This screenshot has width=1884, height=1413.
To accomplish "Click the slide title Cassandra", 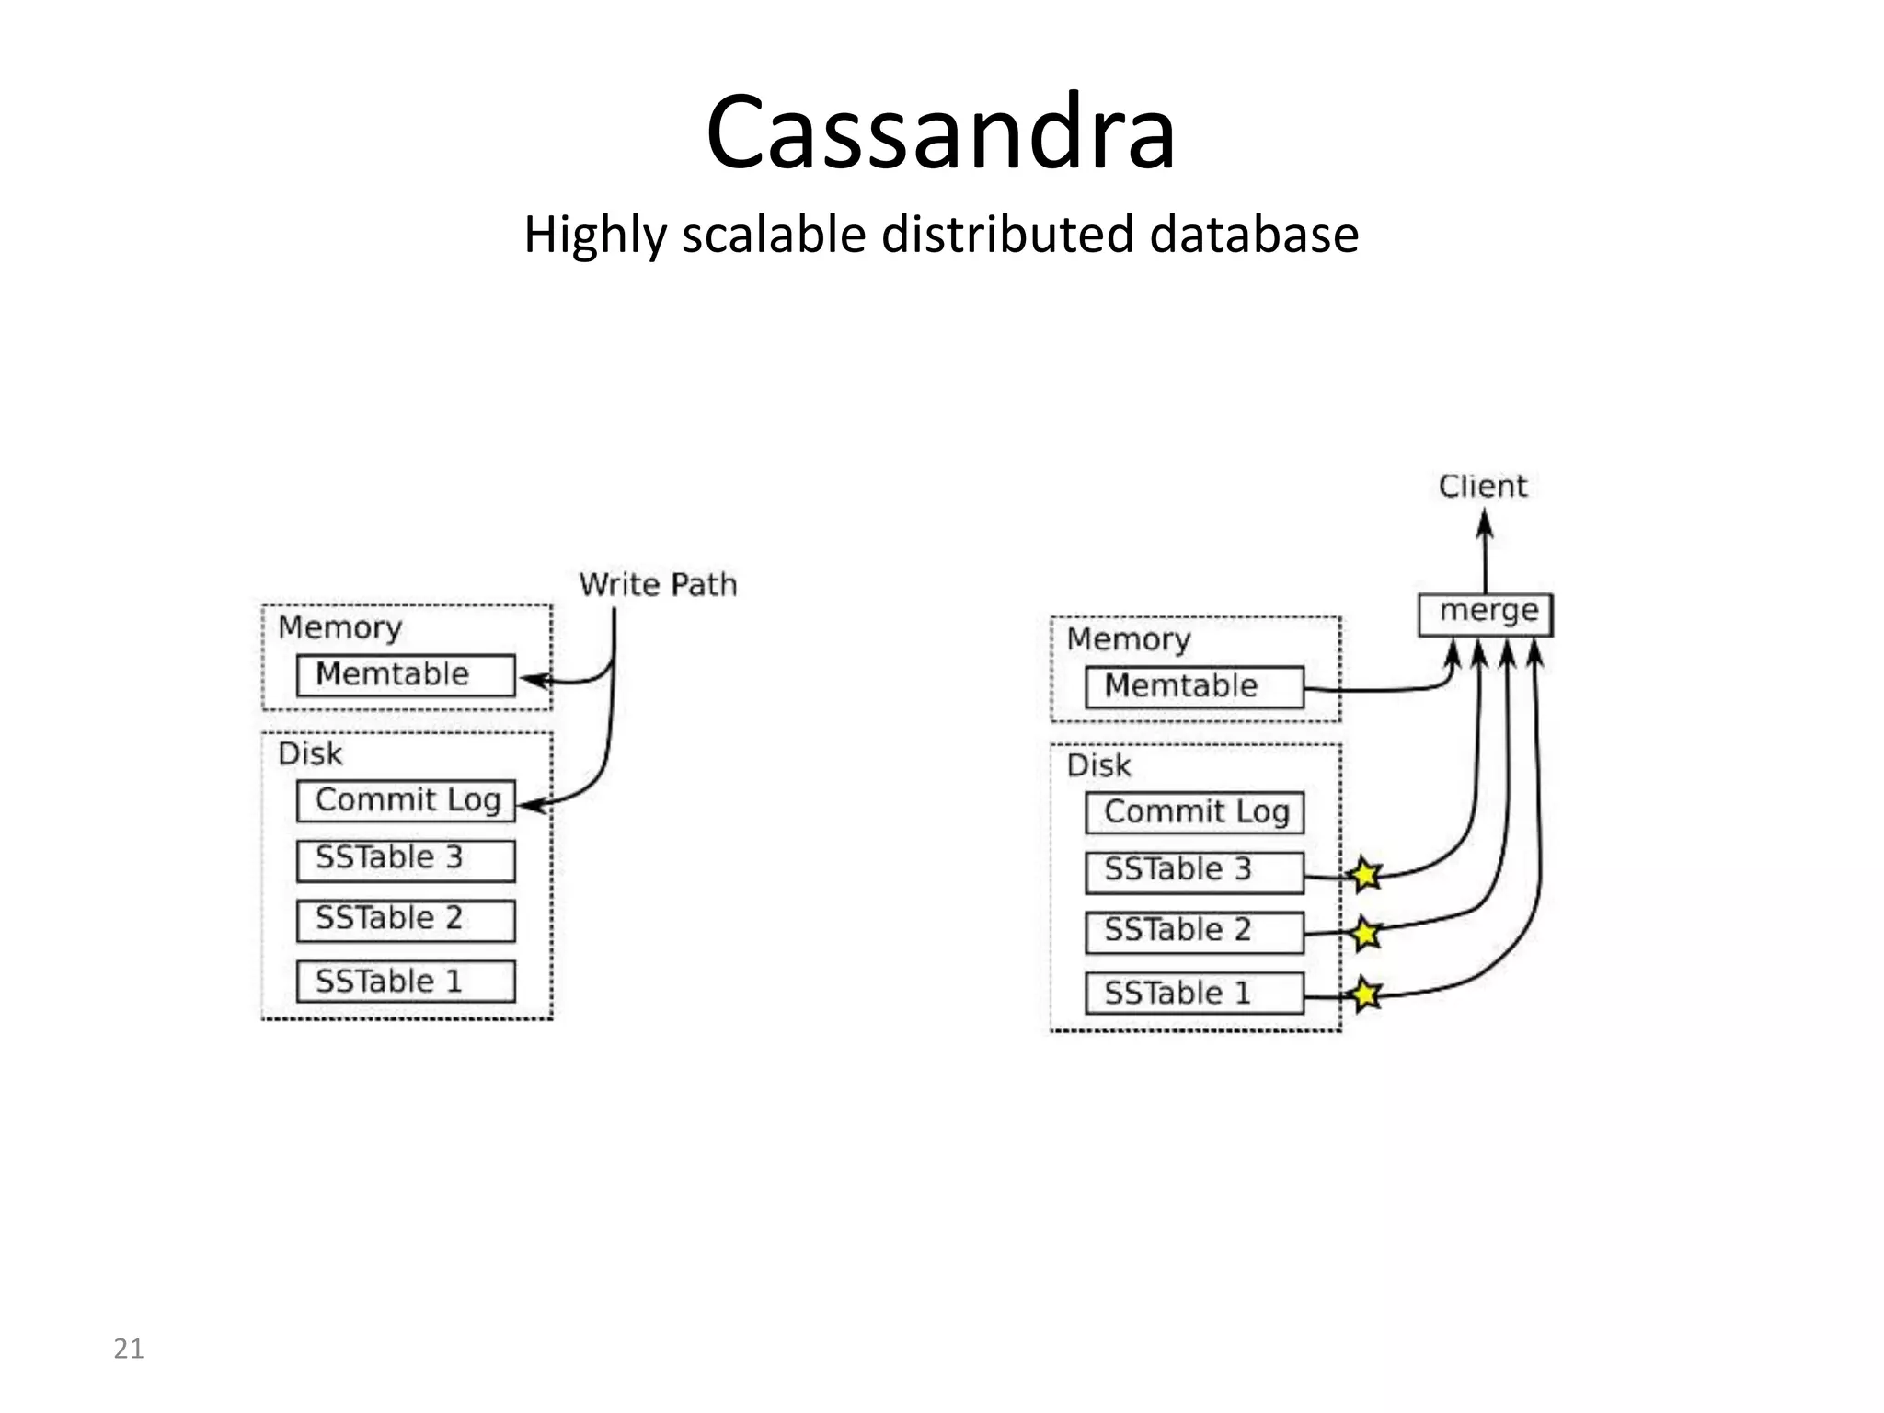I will [x=940, y=132].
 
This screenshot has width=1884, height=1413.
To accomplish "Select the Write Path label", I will [x=658, y=585].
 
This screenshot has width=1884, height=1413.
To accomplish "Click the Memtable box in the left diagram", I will [x=406, y=675].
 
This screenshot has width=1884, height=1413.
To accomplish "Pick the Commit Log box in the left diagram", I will [x=406, y=801].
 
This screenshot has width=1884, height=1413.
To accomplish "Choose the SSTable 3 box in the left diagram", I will [x=406, y=860].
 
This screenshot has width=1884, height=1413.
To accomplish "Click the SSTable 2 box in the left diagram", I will [x=406, y=920].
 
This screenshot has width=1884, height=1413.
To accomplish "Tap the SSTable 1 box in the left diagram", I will [x=406, y=982].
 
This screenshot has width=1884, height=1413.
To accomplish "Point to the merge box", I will [x=1485, y=614].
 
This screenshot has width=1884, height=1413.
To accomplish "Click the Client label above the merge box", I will [x=1482, y=486].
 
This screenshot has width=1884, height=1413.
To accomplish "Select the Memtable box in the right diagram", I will [x=1194, y=687].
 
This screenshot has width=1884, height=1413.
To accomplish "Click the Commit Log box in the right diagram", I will [x=1194, y=813].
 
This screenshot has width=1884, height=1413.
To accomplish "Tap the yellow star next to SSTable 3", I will [x=1366, y=874].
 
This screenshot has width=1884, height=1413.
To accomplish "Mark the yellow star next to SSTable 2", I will [x=1366, y=934].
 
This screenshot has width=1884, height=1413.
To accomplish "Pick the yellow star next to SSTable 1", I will [x=1366, y=994].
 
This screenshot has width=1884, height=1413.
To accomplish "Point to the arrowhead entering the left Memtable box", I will [x=534, y=681].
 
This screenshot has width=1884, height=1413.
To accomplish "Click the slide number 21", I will [x=128, y=1349].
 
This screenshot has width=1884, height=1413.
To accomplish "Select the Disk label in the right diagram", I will [x=1098, y=765].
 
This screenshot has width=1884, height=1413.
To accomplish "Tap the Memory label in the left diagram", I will [x=339, y=627].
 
